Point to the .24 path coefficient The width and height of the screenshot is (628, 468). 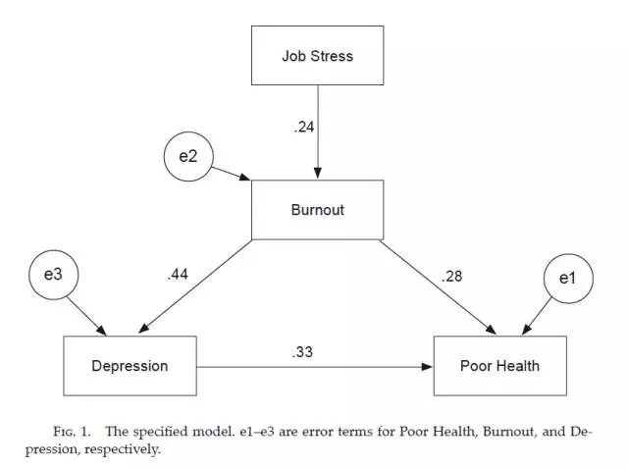point(304,127)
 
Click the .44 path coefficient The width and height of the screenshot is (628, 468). point(178,275)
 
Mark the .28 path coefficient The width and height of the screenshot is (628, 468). point(451,277)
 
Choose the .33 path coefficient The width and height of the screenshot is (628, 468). point(302,352)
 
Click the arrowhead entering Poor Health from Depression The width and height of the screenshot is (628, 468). point(428,367)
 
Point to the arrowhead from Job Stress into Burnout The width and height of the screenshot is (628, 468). point(318,174)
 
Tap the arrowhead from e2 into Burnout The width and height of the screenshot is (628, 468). point(245,177)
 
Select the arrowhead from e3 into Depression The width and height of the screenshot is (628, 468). point(101,331)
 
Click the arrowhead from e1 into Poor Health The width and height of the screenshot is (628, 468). point(526,330)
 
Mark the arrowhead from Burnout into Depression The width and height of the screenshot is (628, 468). point(144,328)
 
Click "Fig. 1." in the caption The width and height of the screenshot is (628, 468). point(72,432)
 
